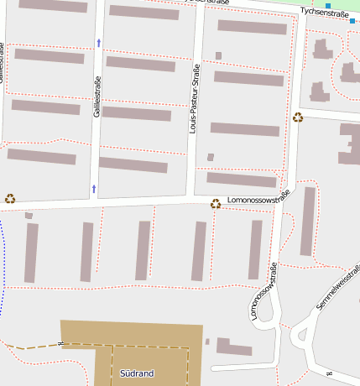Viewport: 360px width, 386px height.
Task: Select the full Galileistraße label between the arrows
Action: [x=97, y=96]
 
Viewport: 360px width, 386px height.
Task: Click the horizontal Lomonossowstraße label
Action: [x=258, y=199]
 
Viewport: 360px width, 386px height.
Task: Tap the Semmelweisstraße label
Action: [x=339, y=289]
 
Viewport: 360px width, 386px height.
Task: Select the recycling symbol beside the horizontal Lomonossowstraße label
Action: [x=216, y=202]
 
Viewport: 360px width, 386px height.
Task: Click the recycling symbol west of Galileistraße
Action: [x=10, y=199]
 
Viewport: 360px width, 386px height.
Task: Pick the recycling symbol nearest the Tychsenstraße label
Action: [x=298, y=117]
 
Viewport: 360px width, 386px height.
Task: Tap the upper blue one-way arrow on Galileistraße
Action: [x=98, y=42]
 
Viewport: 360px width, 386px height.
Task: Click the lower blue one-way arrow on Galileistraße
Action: [x=93, y=187]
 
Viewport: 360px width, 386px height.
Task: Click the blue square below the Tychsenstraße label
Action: [x=352, y=21]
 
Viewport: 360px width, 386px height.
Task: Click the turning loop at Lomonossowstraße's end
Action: [x=266, y=312]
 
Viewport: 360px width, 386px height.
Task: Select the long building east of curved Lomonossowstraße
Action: [x=308, y=221]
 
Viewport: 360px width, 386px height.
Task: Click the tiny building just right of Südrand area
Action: [x=207, y=342]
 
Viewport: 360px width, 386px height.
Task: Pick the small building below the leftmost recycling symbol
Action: [x=29, y=216]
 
